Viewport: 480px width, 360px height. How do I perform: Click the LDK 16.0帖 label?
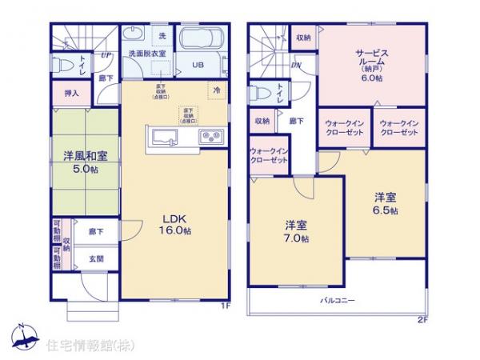(x=177, y=223)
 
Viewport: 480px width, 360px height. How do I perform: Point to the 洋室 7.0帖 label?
(x=294, y=230)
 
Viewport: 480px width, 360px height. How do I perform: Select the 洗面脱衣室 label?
(x=146, y=53)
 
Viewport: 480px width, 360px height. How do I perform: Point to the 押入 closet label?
(x=72, y=94)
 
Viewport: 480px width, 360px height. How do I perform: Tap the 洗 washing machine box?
(x=162, y=35)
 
